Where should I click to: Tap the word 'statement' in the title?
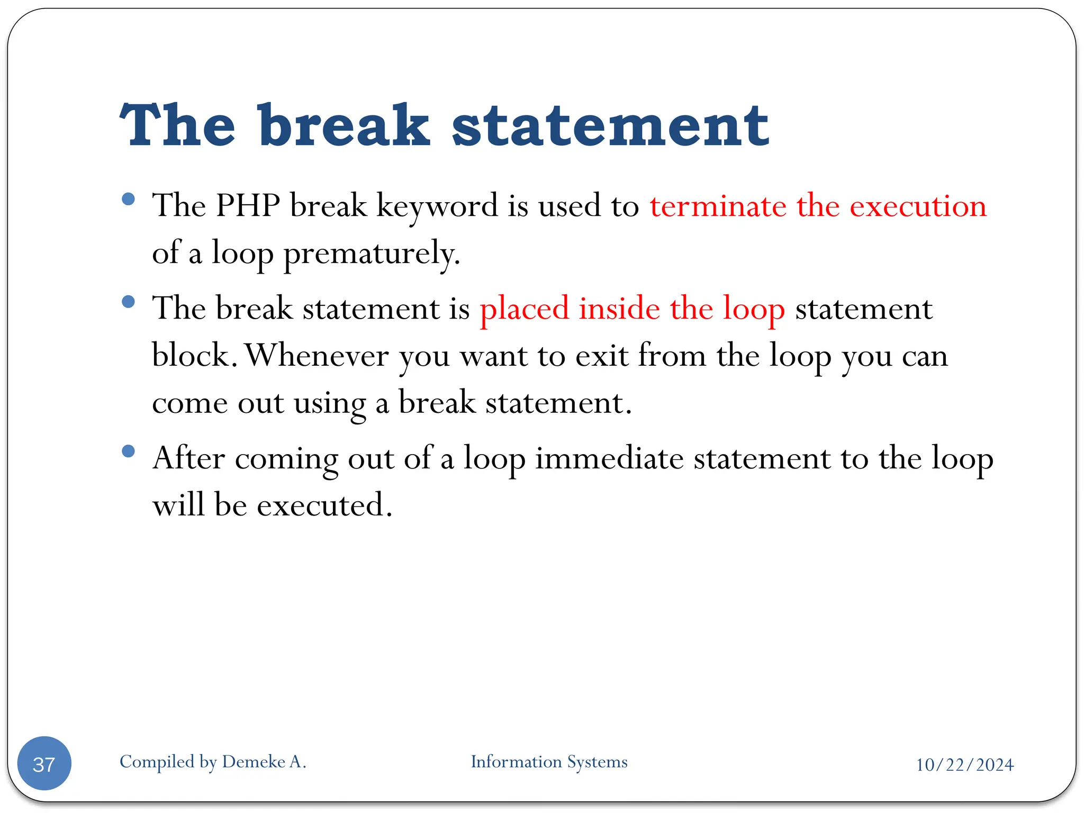[x=610, y=127]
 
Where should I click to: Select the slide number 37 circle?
[x=44, y=763]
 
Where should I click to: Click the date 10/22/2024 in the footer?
[x=964, y=765]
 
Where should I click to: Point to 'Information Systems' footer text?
[x=549, y=762]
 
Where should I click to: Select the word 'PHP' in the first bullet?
[x=248, y=205]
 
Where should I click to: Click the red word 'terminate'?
[x=718, y=206]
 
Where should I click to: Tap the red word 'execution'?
[x=918, y=206]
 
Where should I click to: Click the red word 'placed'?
[x=523, y=309]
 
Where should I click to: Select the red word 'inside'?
[x=619, y=308]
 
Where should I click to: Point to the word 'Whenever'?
[x=317, y=355]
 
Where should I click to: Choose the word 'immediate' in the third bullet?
[x=609, y=458]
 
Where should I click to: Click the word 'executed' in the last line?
[x=323, y=505]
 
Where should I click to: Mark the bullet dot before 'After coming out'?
[x=128, y=451]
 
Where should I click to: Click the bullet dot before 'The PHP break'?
[x=128, y=199]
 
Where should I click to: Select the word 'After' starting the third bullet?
[x=188, y=458]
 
